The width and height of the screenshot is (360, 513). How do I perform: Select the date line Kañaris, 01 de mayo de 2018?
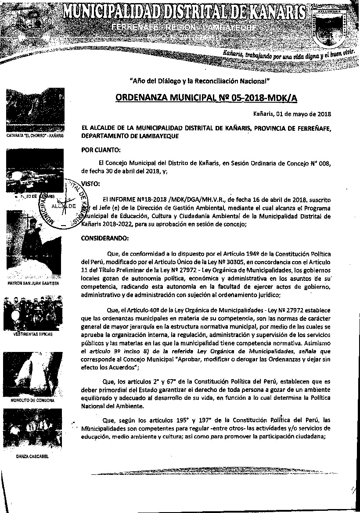pos(292,115)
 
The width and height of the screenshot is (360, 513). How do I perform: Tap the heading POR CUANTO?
pos(98,150)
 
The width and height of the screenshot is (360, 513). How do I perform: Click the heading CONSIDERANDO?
pos(105,239)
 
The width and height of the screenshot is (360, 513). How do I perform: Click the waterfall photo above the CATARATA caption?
pos(35,110)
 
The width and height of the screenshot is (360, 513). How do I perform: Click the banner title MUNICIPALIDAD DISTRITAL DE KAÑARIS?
pos(184,11)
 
